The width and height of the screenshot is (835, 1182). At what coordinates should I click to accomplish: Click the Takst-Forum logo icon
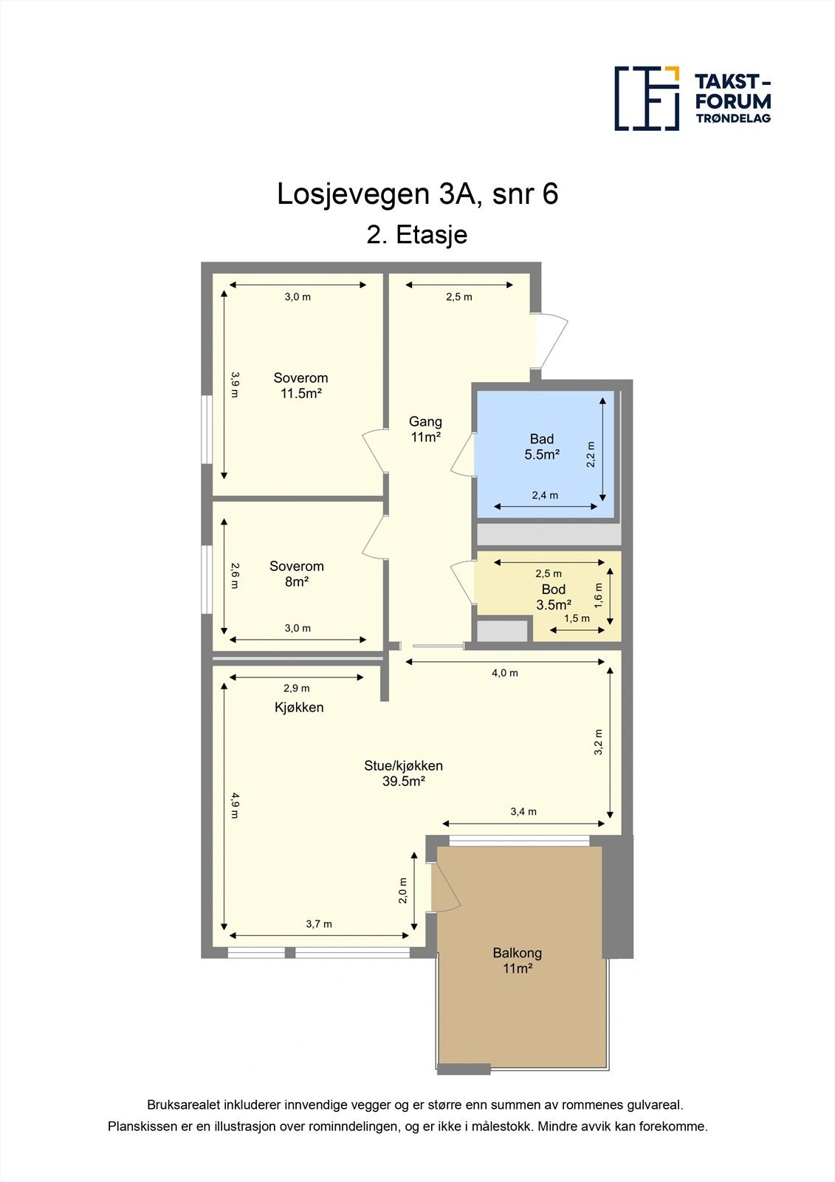click(647, 98)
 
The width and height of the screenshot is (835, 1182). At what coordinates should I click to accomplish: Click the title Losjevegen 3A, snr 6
click(417, 194)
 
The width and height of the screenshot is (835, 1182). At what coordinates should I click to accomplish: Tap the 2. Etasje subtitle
click(417, 235)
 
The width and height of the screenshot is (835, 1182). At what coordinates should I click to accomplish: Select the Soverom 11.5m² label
click(300, 386)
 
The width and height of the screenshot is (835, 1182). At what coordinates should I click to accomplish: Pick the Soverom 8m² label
click(296, 574)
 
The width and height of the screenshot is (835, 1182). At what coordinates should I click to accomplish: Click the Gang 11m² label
click(425, 429)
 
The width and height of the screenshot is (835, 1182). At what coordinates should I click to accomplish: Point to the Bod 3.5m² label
click(553, 597)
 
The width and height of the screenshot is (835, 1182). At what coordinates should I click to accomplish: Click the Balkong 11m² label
click(518, 960)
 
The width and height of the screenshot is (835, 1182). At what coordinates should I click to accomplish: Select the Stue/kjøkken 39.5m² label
click(403, 773)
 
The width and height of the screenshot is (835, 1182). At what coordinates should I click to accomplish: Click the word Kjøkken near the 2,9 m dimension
click(299, 707)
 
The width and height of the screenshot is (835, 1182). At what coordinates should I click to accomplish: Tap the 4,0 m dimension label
click(505, 673)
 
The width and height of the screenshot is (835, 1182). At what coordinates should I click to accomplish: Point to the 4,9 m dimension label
click(234, 805)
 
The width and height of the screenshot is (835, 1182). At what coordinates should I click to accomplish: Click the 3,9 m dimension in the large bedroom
click(234, 384)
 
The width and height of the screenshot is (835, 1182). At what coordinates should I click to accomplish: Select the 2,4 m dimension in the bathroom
click(545, 495)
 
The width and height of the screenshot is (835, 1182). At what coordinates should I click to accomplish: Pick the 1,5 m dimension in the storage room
click(577, 618)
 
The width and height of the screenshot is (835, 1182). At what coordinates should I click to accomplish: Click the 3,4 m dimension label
click(523, 811)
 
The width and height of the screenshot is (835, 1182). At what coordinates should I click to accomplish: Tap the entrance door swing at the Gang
click(551, 341)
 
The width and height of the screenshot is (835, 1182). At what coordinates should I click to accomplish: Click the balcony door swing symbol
click(445, 886)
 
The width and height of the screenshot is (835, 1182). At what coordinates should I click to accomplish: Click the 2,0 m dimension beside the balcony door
click(403, 890)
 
